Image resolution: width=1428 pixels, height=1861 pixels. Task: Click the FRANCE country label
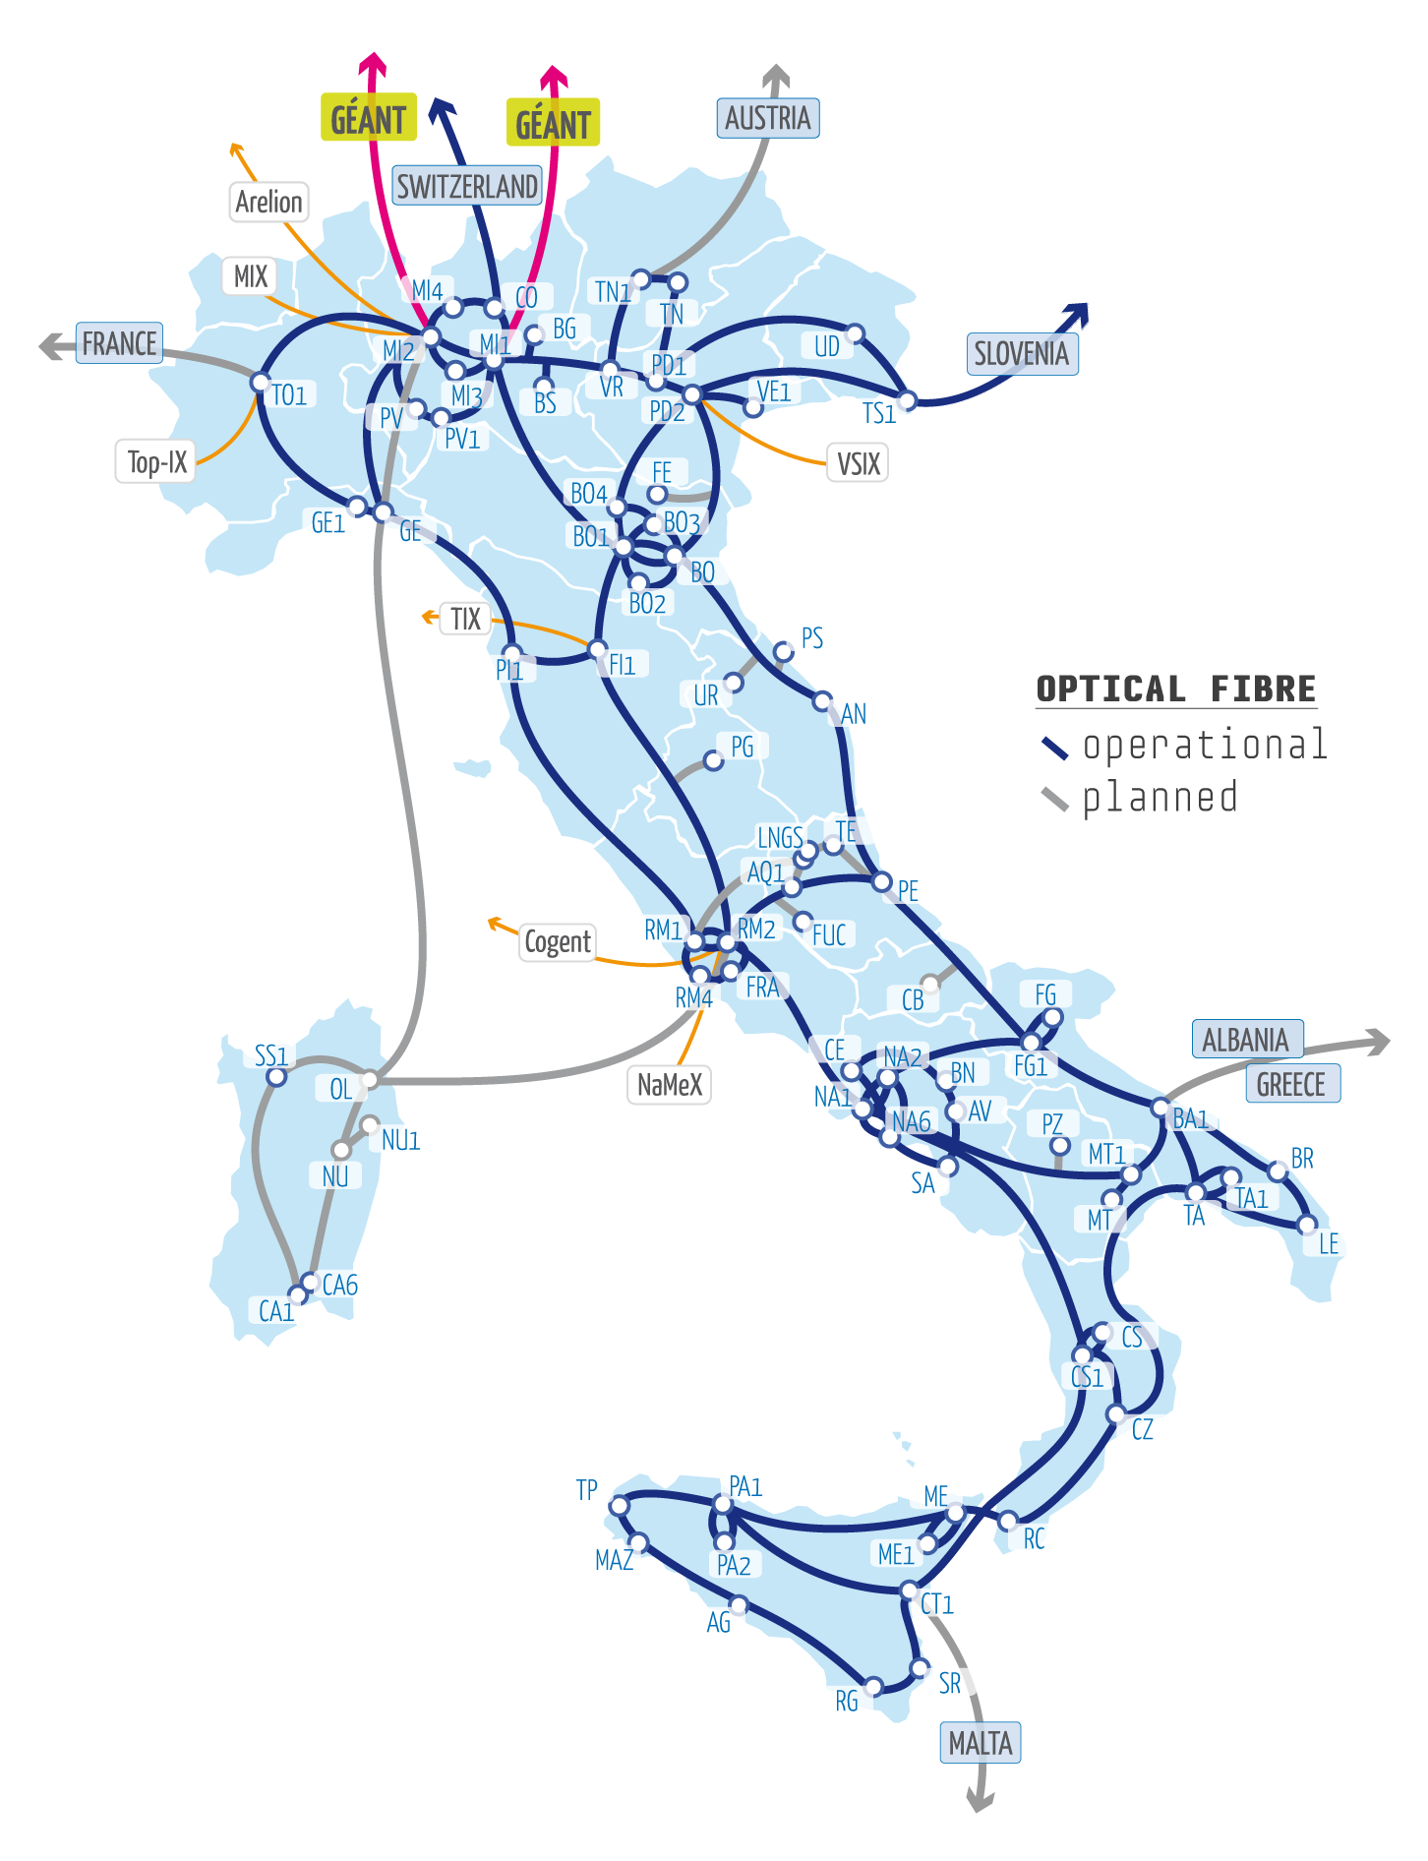point(119,343)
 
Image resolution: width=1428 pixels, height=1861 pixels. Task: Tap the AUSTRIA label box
point(768,118)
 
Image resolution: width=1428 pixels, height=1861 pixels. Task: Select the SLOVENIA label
point(1022,354)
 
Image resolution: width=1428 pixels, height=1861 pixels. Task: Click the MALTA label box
point(981,1743)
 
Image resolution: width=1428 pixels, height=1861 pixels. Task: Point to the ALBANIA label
point(1247,1039)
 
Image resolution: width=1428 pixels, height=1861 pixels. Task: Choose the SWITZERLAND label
point(467,185)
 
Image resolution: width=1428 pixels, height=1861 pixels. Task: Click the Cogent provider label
point(558,942)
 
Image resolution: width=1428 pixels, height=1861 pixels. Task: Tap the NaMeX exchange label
point(670,1085)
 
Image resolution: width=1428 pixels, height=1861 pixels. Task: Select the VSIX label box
point(858,462)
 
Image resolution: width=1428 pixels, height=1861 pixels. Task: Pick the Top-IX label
point(156,461)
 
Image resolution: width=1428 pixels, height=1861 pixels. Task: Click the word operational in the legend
point(1205,745)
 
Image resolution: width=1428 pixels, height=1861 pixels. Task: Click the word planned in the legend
point(1160,798)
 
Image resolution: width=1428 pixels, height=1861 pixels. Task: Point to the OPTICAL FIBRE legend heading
point(1176,689)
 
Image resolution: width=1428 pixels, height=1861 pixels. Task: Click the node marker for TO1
point(260,382)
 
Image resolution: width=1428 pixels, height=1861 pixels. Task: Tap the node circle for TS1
point(907,400)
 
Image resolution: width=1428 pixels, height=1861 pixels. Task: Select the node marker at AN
point(822,700)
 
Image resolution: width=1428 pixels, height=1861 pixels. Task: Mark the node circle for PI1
point(511,652)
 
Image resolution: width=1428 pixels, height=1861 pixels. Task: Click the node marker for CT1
point(908,1591)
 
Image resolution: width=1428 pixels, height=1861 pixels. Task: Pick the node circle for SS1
point(277,1076)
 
